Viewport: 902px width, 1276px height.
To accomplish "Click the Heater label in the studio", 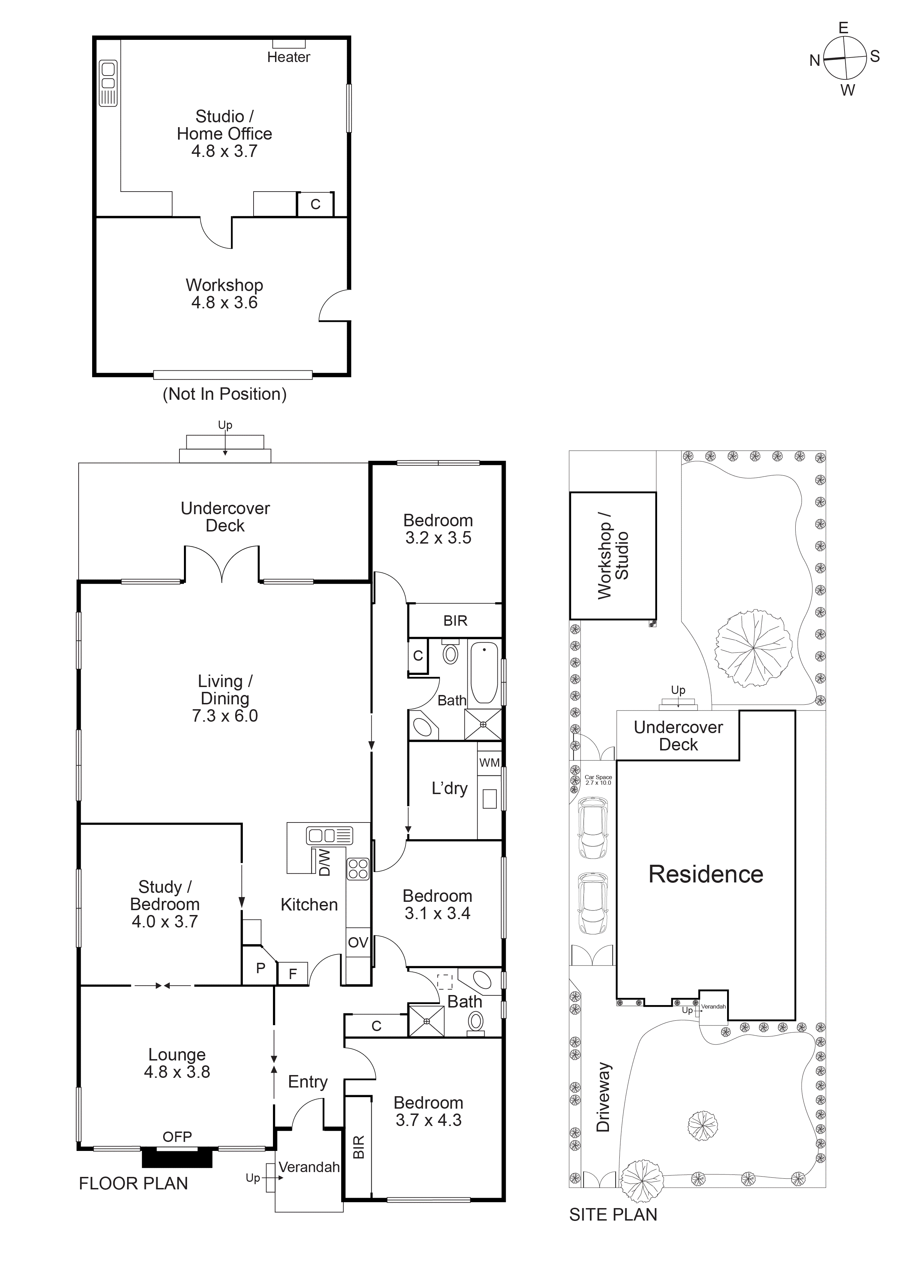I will pos(289,57).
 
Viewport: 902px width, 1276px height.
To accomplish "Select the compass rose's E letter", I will pos(843,28).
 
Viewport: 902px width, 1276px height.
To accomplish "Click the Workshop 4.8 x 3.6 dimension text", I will pos(224,302).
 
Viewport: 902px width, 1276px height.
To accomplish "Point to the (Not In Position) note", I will pos(224,394).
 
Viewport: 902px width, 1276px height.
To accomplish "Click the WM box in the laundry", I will pos(489,763).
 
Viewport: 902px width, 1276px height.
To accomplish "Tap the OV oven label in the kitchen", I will pos(358,943).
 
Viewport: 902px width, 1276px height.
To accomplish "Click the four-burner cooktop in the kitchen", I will pos(358,870).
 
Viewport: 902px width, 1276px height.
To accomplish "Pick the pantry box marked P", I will pos(260,968).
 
